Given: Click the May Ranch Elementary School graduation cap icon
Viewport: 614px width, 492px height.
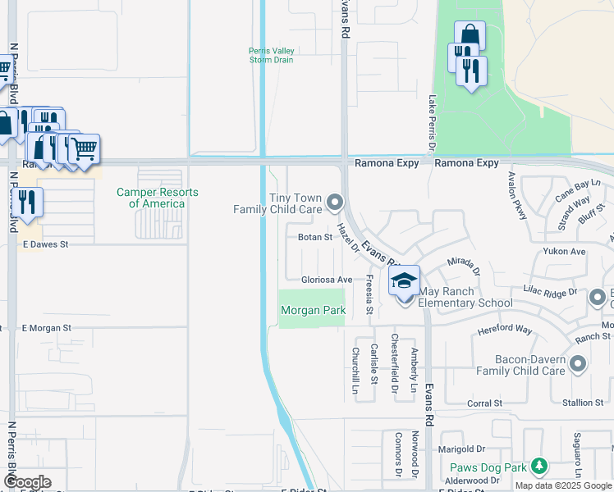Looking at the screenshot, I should (x=403, y=281).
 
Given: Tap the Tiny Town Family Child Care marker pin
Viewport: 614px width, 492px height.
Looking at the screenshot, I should (x=334, y=201).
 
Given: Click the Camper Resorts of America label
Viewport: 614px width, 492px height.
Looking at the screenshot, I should (x=158, y=198).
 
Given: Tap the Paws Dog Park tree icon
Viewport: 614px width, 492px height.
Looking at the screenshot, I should (x=538, y=467).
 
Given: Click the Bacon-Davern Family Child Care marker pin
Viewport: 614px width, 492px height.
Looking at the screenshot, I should (x=578, y=363).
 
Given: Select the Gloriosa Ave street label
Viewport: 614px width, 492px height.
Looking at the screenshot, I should (x=326, y=280).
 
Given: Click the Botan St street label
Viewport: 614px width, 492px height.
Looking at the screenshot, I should (x=314, y=237).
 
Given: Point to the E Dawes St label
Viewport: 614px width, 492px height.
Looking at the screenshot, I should (x=45, y=244).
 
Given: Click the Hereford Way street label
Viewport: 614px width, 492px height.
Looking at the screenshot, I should (x=505, y=331).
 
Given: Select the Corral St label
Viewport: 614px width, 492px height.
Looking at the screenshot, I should (x=484, y=403).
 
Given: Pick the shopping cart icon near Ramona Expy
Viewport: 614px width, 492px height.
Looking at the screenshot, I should (x=84, y=150).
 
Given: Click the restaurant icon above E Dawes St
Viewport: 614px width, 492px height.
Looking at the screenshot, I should (x=27, y=203).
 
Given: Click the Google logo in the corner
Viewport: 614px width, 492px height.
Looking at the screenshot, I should (x=26, y=482).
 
